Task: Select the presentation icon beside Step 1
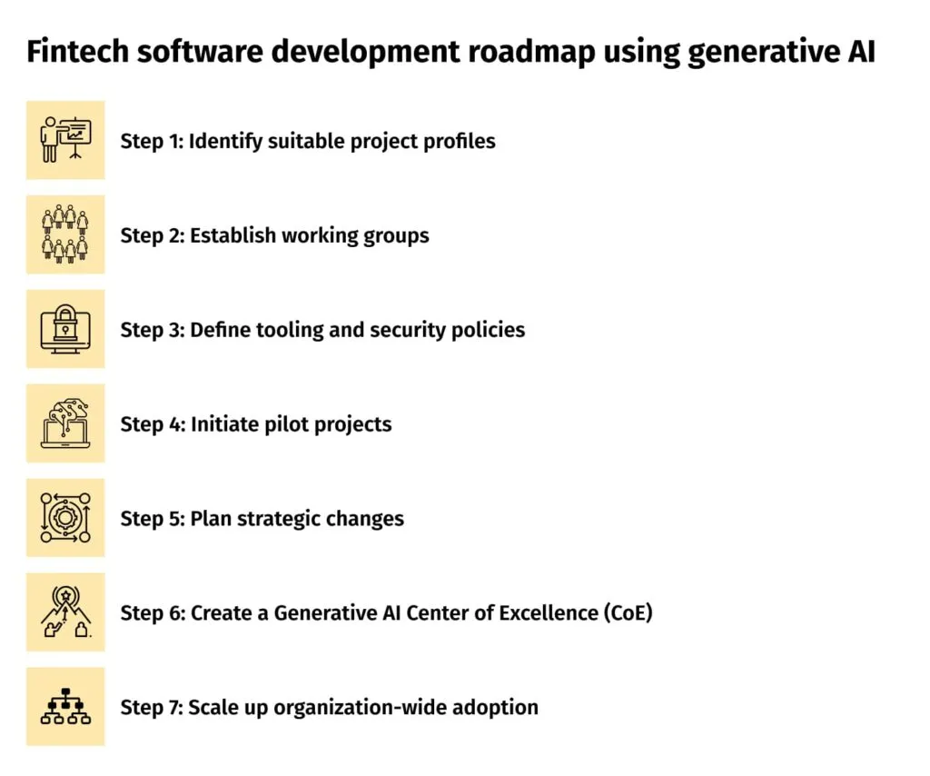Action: pyautogui.click(x=65, y=140)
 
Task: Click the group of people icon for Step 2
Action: pyautogui.click(x=65, y=234)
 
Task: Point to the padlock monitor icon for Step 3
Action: pyautogui.click(x=65, y=329)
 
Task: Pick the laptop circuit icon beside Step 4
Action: pyautogui.click(x=65, y=423)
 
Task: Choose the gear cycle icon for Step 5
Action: pyautogui.click(x=65, y=518)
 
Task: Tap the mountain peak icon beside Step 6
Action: pyautogui.click(x=65, y=612)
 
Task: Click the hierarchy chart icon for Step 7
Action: pyautogui.click(x=65, y=707)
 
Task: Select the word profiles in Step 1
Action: pyautogui.click(x=460, y=141)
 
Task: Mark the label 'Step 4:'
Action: pyautogui.click(x=152, y=424)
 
